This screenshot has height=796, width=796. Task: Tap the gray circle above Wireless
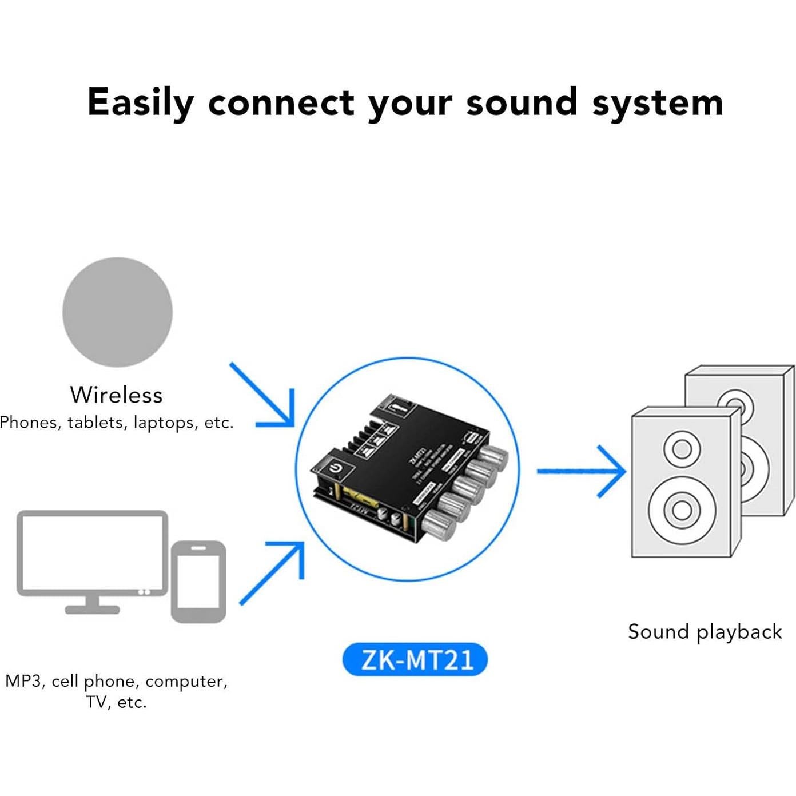coord(117,312)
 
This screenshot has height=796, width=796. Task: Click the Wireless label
coord(116,395)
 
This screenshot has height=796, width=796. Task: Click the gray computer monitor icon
coord(92,555)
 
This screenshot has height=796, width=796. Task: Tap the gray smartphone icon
coord(198,582)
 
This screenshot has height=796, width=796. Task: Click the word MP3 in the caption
coord(23,681)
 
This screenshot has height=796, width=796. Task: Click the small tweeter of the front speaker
coord(682,448)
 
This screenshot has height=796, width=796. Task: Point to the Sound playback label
coord(705,632)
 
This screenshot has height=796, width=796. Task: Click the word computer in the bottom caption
coord(186,681)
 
